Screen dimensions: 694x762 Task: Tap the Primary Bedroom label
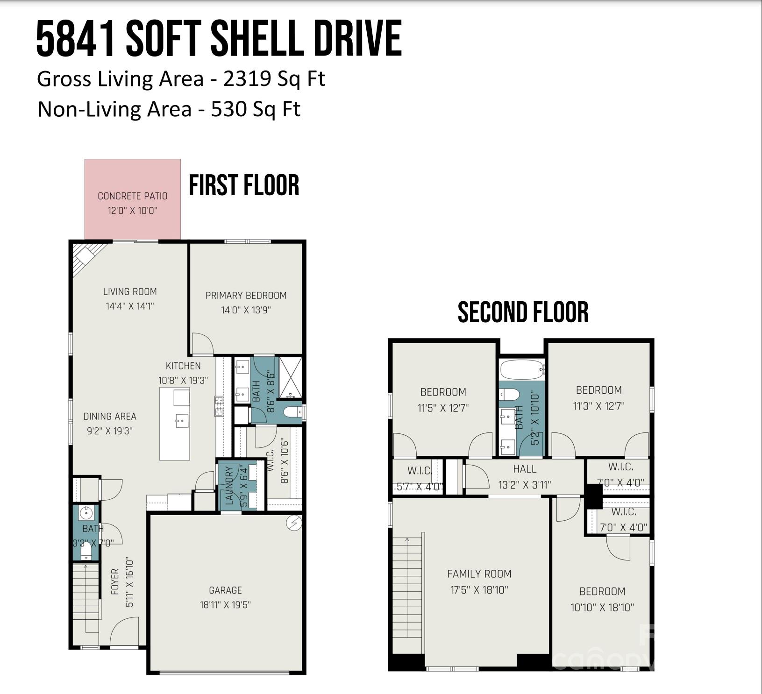coord(246,296)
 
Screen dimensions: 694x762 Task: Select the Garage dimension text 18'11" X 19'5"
coord(225,605)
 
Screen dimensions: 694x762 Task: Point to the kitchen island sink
coord(182,420)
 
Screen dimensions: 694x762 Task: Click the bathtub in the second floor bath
coord(522,370)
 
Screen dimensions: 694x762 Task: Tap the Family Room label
coord(479,574)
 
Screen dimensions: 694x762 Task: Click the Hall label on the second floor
coord(524,469)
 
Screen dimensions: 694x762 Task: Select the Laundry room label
coord(229,486)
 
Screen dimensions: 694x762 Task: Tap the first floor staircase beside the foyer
coord(86,598)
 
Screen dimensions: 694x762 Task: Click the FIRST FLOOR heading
coord(244,185)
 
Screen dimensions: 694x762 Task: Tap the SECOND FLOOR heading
coord(523,312)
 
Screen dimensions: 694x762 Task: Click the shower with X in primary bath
coord(290,379)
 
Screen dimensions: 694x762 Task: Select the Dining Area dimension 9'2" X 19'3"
coord(110,431)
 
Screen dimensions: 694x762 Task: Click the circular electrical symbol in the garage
coord(293,524)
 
